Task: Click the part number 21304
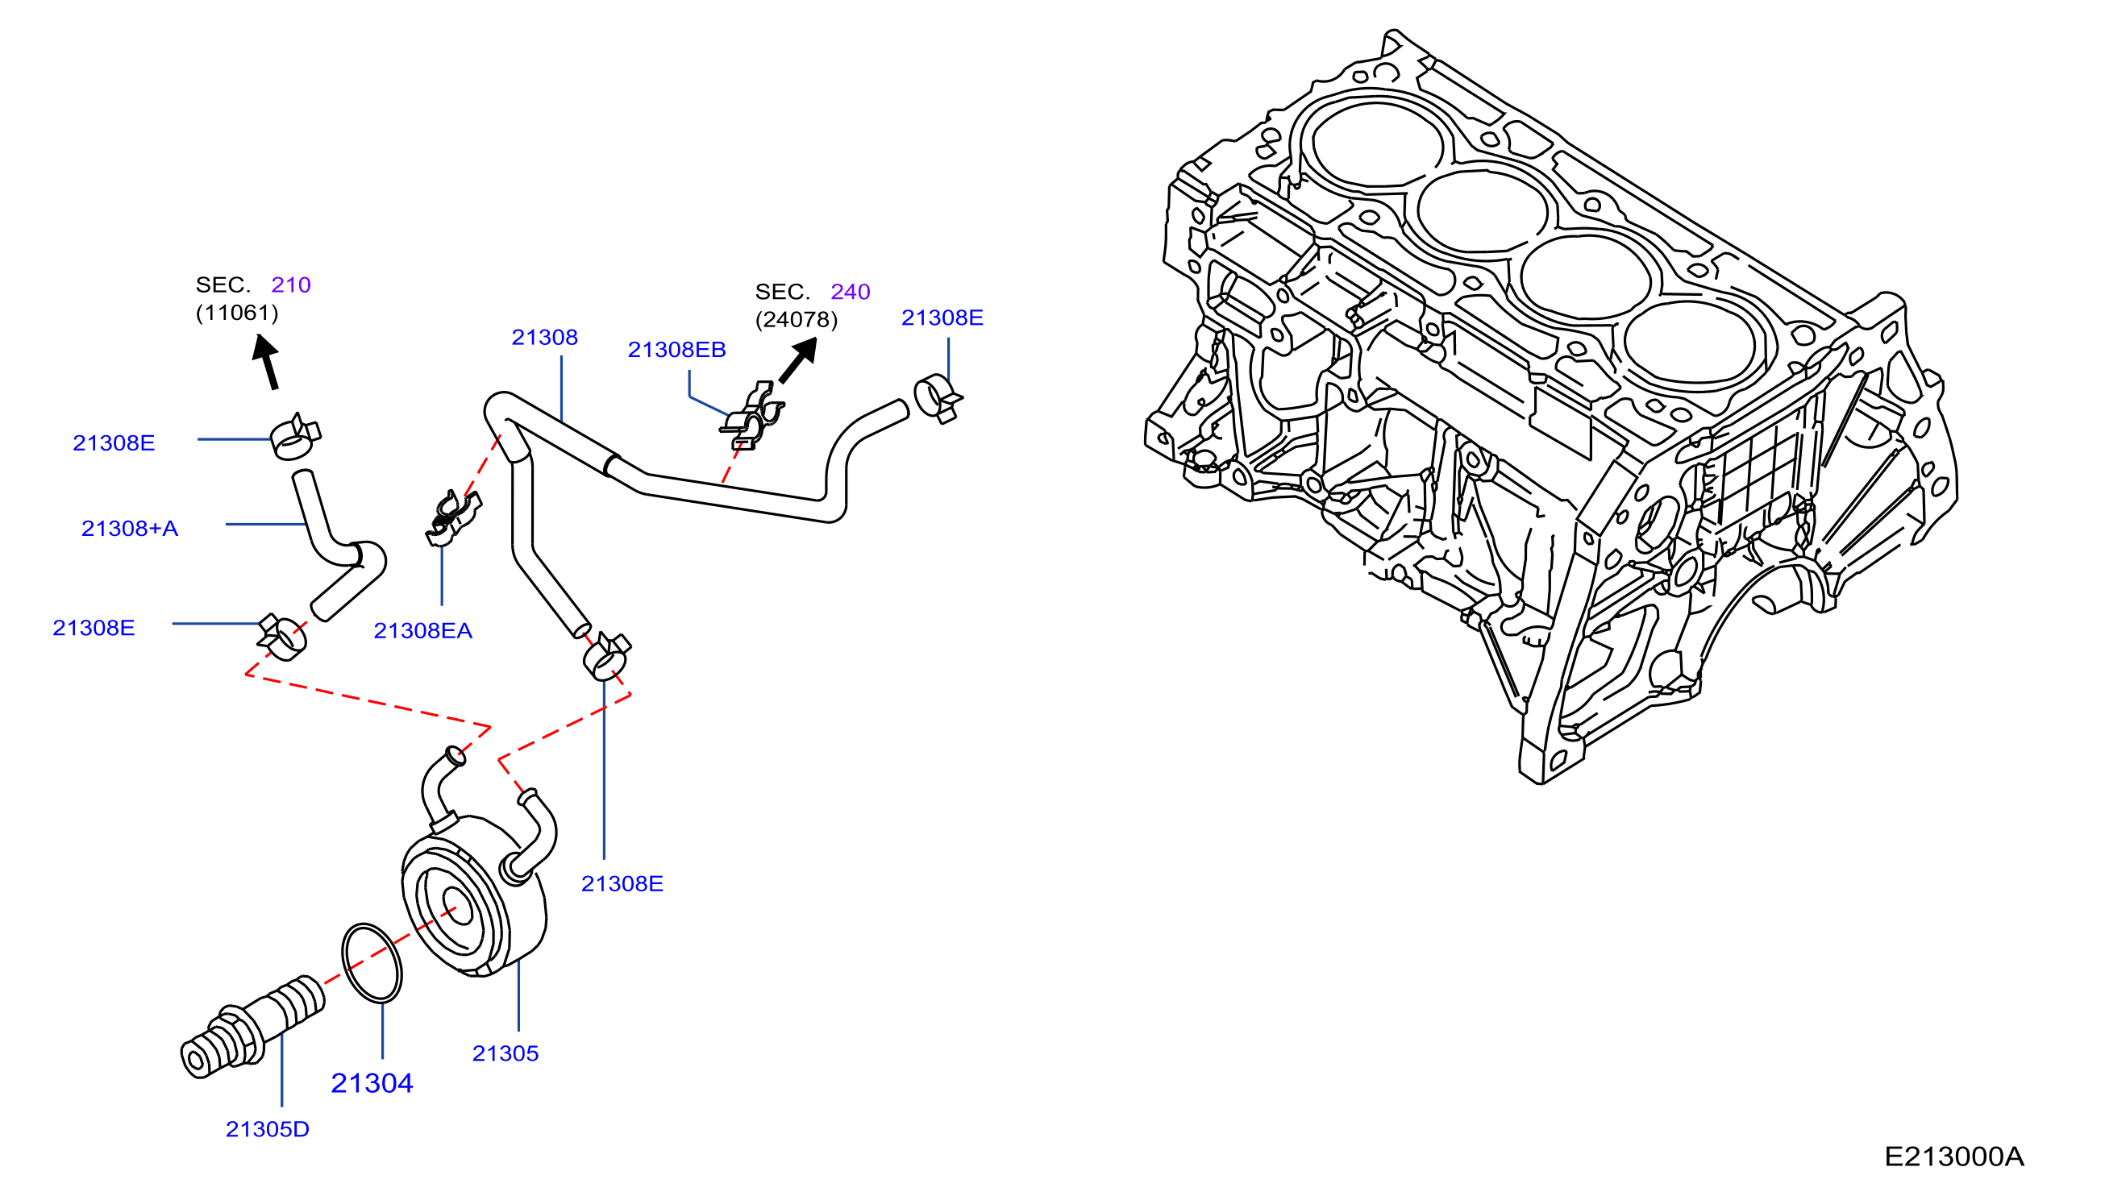(x=372, y=1082)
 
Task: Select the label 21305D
(x=268, y=1129)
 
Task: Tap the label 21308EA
(x=423, y=631)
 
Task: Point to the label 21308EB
(x=677, y=350)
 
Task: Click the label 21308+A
(x=130, y=528)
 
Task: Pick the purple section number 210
(x=291, y=285)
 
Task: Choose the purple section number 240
(x=851, y=292)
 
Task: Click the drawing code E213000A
(x=1953, y=1157)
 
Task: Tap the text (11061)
(x=238, y=313)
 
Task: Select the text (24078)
(x=797, y=319)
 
